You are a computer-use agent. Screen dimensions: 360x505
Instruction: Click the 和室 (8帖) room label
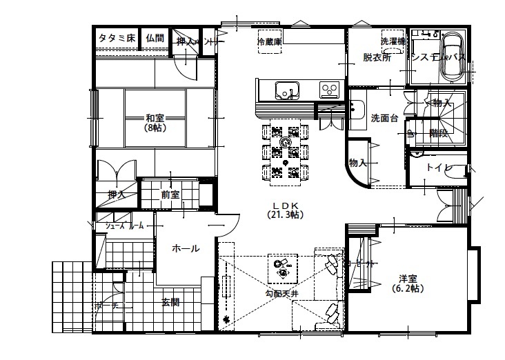click(155, 122)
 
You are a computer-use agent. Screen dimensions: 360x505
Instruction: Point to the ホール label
click(186, 248)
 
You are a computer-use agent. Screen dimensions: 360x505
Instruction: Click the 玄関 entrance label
click(171, 302)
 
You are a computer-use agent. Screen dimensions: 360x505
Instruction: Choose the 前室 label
click(170, 194)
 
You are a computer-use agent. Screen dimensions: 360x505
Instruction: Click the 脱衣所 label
click(377, 58)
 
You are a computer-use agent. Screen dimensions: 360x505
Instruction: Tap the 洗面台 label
click(384, 118)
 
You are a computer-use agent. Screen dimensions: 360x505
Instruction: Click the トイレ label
click(438, 168)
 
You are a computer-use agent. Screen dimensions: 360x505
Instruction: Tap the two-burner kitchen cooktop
click(327, 89)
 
